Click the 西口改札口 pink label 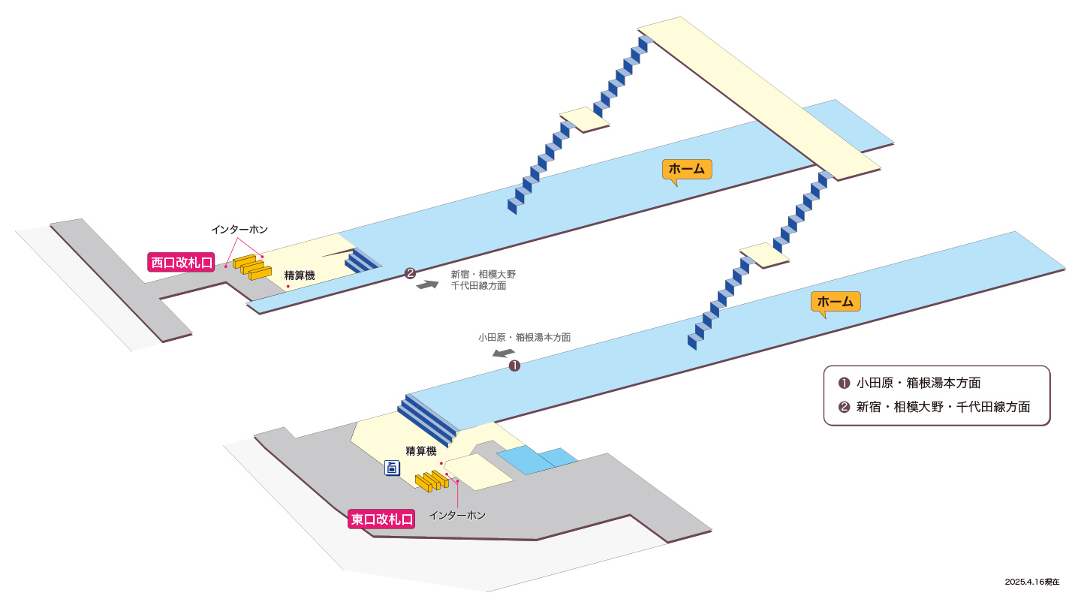click(181, 263)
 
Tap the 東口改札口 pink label click(381, 519)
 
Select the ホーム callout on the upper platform click(687, 170)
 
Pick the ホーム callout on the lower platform click(836, 302)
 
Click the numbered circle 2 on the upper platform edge click(410, 273)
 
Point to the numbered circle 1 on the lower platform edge click(514, 366)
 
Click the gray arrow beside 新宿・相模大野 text click(427, 284)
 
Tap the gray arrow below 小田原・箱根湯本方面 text click(503, 353)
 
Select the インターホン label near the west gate click(239, 230)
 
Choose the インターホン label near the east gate click(457, 516)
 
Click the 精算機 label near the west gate click(300, 275)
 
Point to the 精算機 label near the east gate click(421, 451)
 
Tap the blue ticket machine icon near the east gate click(392, 468)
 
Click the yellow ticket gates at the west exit click(252, 267)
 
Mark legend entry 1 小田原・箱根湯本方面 click(910, 383)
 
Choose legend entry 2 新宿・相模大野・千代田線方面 click(935, 407)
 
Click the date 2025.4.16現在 click(1032, 582)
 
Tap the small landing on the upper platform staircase click(584, 119)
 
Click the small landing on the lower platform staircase click(764, 255)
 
